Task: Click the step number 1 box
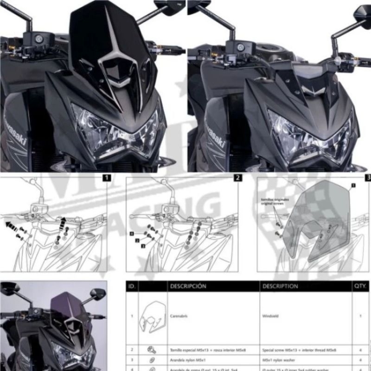107,178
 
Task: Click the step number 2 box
237,178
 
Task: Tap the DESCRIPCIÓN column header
188,286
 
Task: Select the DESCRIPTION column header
280,286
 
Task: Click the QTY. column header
360,286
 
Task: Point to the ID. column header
132,286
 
